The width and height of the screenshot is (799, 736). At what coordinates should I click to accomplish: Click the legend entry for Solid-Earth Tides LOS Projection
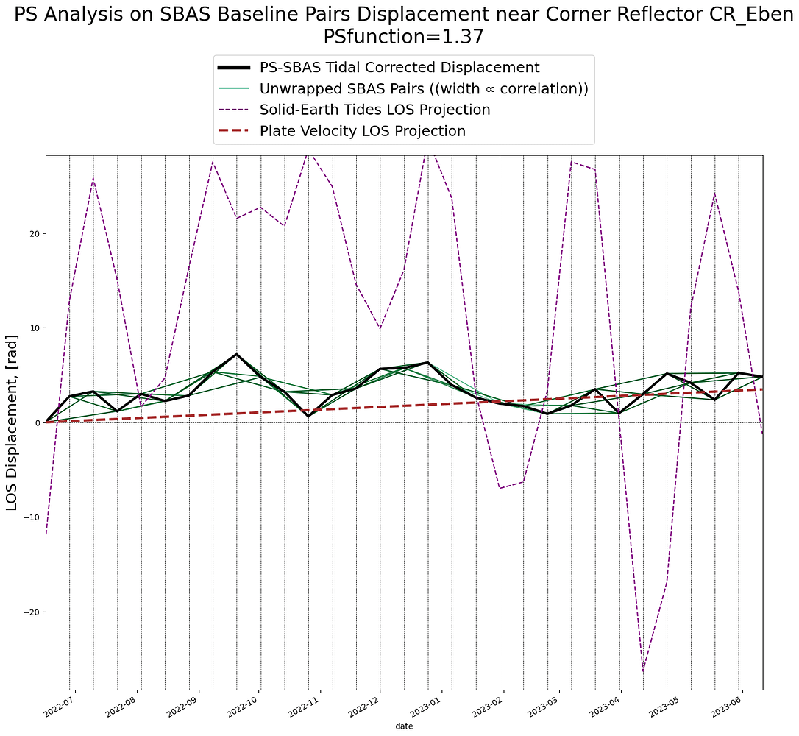pos(374,110)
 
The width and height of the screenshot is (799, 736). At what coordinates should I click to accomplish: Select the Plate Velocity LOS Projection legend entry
pos(362,132)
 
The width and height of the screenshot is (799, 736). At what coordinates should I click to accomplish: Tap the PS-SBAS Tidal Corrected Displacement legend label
pos(399,68)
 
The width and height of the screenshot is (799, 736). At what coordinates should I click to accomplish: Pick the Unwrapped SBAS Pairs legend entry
pos(423,89)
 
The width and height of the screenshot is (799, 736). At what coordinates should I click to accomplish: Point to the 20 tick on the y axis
pos(34,233)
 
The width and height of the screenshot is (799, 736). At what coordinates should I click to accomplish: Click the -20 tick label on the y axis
pos(31,612)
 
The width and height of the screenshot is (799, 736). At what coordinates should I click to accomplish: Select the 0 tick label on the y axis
pos(37,422)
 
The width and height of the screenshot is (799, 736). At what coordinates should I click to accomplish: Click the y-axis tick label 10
pos(34,328)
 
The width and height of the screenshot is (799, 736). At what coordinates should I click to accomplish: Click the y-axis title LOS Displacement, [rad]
pos(13,422)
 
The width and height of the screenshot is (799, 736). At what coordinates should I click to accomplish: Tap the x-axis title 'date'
pos(404,726)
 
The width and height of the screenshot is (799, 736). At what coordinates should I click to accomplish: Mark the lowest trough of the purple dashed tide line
pos(643,670)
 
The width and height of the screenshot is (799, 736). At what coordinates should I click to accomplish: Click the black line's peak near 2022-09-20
pos(236,354)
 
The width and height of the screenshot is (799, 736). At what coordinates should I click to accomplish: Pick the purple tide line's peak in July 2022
pos(93,179)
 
